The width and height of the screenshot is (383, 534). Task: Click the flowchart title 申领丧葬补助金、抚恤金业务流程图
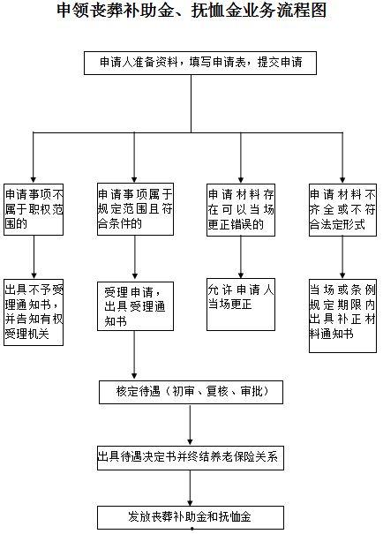coord(191,11)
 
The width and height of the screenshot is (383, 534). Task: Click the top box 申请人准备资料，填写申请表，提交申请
coord(200,63)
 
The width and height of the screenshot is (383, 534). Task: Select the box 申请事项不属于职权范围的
coord(34,209)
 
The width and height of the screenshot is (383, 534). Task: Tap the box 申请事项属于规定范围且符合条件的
coord(135,209)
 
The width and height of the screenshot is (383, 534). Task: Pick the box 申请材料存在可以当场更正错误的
coord(241,210)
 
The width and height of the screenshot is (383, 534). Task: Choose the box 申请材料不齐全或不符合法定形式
coord(342,210)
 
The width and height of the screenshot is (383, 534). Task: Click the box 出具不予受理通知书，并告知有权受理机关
coord(34,312)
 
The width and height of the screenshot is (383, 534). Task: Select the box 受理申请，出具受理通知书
coord(135,306)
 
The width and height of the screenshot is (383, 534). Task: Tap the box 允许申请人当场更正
coord(241,305)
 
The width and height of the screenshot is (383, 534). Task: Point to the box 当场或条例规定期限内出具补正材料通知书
coord(342,316)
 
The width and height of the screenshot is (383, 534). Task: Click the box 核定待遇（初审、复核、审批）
coord(191,392)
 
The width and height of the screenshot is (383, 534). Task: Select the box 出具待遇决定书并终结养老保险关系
coord(191,458)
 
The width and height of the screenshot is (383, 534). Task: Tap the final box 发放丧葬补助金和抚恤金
coord(191,517)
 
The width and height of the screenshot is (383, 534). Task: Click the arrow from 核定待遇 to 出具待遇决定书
coord(190,425)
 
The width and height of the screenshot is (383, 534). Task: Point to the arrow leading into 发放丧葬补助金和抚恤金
coord(190,488)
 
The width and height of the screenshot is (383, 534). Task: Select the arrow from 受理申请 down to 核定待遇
coord(134,355)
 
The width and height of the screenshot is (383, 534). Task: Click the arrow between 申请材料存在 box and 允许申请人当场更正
coord(241,257)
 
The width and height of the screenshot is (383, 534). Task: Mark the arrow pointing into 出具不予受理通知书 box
coord(34,257)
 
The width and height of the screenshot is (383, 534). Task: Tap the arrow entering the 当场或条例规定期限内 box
coord(342,257)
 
